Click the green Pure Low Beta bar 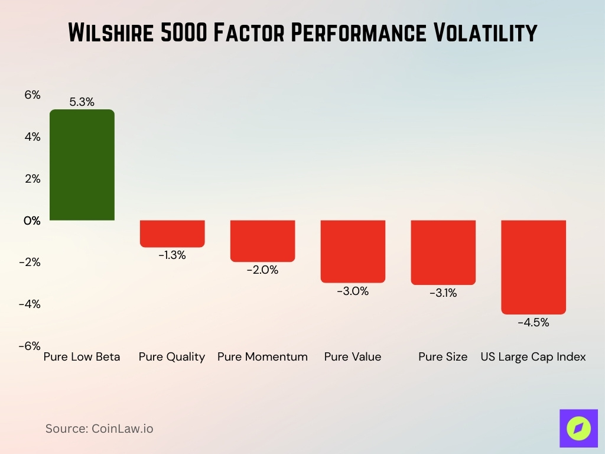tap(82, 165)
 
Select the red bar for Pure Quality tap(172, 234)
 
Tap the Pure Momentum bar tap(262, 241)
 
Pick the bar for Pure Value tap(353, 251)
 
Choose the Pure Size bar tap(443, 252)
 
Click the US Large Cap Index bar tap(534, 267)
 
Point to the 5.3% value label tap(82, 102)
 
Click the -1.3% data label tap(172, 255)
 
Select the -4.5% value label tap(534, 323)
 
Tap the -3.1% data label tap(443, 293)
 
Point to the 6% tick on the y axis tap(32, 95)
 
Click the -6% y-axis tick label tap(30, 346)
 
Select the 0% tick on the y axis tap(32, 220)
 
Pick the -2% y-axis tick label tap(30, 262)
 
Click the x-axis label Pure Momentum tap(262, 357)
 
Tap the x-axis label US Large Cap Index tap(533, 357)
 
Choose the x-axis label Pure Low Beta tap(82, 357)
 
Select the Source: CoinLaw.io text tap(99, 429)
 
